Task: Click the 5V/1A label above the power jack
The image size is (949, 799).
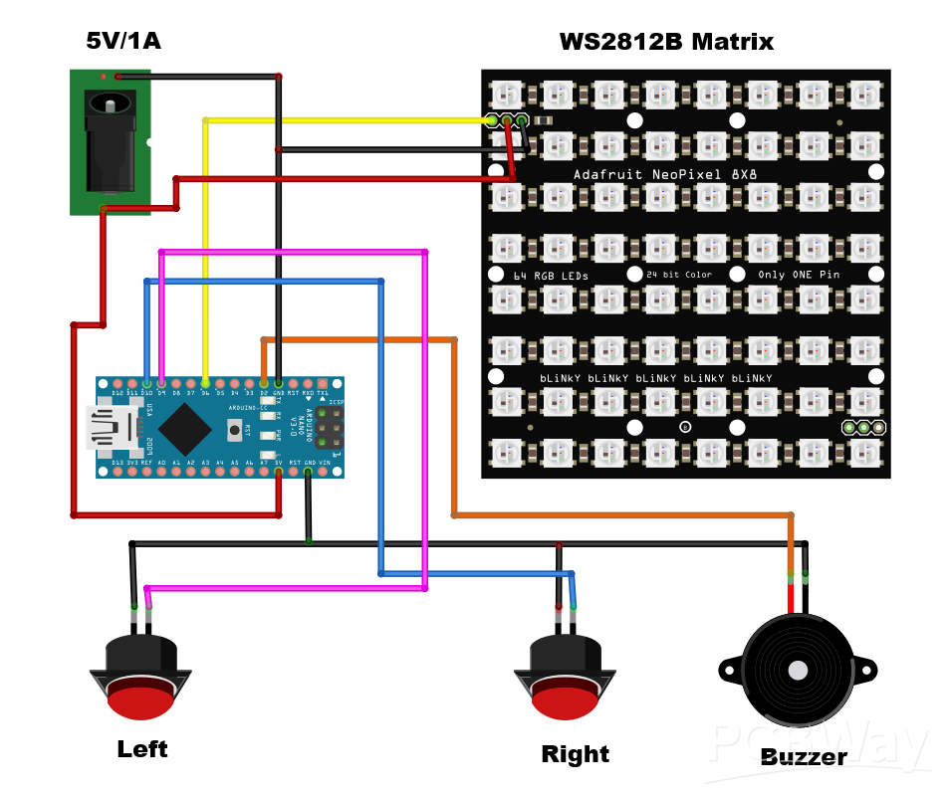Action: [x=123, y=41]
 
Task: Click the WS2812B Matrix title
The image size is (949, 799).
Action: [x=665, y=42]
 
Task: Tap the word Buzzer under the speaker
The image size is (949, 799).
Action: [x=803, y=757]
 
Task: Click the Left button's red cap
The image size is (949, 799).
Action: [x=140, y=701]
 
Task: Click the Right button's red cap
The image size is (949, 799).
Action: [x=565, y=701]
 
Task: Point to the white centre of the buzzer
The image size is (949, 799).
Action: [x=798, y=671]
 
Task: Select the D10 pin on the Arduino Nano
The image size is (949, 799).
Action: [x=147, y=383]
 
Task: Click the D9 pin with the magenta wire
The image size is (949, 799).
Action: [x=161, y=383]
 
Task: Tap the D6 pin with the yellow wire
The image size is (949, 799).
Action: [x=205, y=383]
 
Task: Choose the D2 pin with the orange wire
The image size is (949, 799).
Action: [x=264, y=383]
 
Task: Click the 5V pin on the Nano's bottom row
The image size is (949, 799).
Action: [x=279, y=470]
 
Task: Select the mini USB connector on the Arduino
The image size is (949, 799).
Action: [x=107, y=427]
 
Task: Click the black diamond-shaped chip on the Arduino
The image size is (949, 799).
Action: [x=184, y=429]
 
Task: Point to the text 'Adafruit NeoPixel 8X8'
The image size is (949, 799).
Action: [x=663, y=174]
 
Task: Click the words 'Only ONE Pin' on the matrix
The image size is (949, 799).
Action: [x=799, y=275]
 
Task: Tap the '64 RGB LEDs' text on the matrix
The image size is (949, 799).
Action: [x=551, y=276]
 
